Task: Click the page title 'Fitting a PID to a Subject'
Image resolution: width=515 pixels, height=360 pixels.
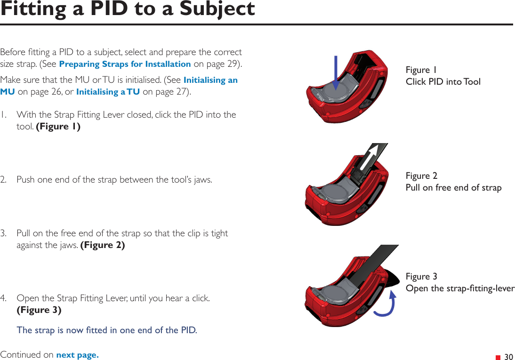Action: [x=128, y=9]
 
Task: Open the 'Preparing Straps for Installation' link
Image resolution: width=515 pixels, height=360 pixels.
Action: [x=125, y=64]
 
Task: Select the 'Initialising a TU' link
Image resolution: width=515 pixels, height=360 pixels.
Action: [x=108, y=92]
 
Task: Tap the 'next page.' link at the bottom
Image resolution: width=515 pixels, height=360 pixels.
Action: [x=77, y=355]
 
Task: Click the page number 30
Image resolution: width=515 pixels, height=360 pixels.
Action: [x=508, y=357]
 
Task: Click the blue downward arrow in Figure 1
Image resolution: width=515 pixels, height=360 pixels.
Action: [x=336, y=72]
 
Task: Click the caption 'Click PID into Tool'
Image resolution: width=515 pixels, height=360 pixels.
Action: [x=443, y=82]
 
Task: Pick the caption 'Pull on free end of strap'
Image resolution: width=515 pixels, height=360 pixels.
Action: [x=453, y=188]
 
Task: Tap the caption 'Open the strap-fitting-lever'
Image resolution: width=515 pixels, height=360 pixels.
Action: [x=460, y=288]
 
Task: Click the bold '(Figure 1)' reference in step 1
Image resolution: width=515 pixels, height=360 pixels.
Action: [x=58, y=127]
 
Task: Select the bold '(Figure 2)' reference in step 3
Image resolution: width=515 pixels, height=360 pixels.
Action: [x=103, y=245]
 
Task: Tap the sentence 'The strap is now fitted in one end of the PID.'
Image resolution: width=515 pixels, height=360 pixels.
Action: [x=107, y=330]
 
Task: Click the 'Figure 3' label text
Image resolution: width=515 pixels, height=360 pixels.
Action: [x=421, y=276]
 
